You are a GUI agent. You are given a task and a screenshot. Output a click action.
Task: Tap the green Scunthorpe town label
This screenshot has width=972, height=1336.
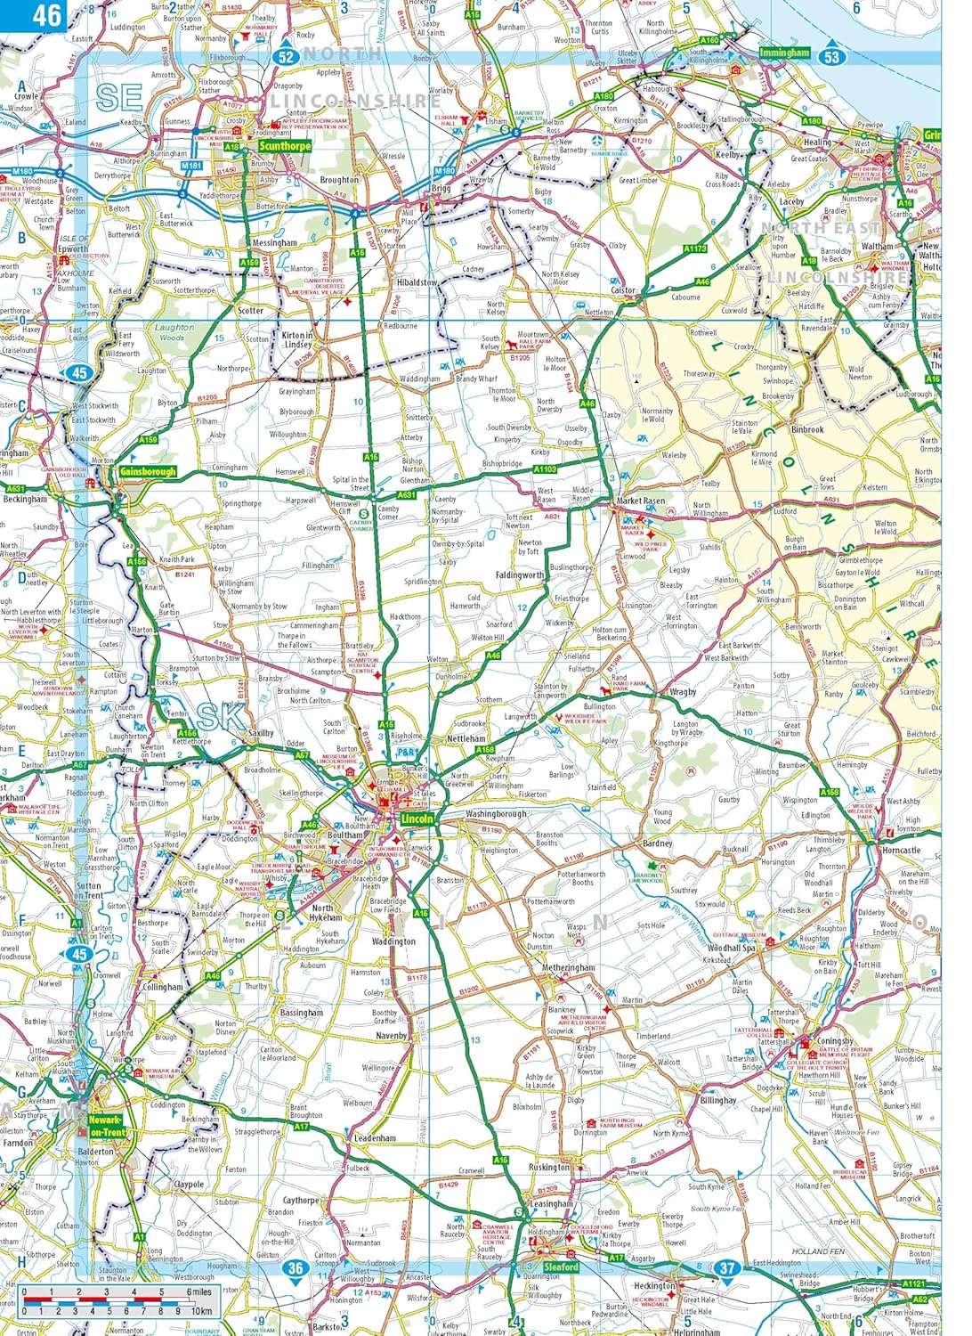tap(285, 146)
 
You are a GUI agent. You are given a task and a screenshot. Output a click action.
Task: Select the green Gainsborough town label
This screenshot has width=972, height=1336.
tap(148, 471)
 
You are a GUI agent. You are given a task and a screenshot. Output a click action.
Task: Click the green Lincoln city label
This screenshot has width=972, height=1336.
tap(417, 819)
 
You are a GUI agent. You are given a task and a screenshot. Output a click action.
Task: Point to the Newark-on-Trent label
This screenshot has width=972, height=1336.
tap(107, 1126)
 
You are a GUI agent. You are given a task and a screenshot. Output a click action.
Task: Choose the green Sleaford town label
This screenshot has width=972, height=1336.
tap(561, 1267)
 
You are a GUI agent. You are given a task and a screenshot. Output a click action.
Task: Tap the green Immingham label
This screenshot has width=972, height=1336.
tap(784, 53)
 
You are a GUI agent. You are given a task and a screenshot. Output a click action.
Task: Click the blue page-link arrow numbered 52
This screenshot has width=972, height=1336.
tap(285, 55)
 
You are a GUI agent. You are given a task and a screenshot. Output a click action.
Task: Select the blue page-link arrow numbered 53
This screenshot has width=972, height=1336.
tap(831, 55)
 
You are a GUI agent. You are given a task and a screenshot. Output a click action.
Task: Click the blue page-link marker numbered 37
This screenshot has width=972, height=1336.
tap(727, 1267)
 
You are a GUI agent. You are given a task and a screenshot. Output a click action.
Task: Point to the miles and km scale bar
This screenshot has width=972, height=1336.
tap(117, 1301)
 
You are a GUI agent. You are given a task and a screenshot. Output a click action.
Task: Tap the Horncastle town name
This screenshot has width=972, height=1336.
tap(901, 850)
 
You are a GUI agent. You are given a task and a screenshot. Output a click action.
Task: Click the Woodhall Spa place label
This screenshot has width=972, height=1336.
tap(731, 949)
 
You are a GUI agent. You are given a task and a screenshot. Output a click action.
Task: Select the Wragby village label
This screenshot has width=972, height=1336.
tap(683, 692)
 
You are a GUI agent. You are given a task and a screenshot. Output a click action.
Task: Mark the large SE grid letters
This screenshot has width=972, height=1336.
tap(119, 98)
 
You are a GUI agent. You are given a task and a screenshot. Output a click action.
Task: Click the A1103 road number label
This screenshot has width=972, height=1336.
tap(545, 468)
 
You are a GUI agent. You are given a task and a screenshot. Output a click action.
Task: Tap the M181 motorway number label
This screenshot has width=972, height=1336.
tap(191, 166)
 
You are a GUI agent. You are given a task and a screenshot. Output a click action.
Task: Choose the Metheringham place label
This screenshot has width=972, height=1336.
tap(569, 967)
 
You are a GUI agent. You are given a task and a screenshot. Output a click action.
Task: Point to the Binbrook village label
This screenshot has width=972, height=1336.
tap(807, 429)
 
